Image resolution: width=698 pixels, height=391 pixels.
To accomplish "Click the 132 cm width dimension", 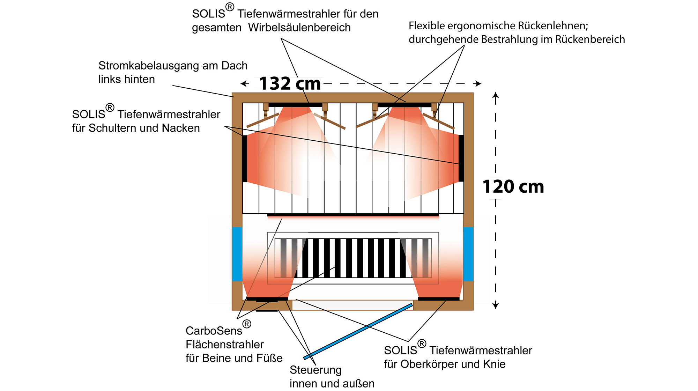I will click(290, 84).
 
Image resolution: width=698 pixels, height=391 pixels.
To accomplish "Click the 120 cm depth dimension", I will click(513, 187).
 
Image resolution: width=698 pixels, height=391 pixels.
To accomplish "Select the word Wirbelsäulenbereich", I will click(299, 28).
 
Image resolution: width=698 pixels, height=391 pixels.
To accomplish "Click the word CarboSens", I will click(214, 331).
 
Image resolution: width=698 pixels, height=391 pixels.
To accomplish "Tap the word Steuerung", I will click(315, 370).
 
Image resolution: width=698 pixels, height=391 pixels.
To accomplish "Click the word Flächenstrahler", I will click(224, 345).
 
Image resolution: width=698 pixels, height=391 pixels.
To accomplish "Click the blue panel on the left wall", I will click(237, 254).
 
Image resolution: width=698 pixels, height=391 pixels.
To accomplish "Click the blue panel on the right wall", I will click(468, 254).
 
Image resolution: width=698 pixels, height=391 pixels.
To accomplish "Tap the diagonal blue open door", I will click(358, 331).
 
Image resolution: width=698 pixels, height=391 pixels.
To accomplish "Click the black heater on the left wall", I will click(245, 158).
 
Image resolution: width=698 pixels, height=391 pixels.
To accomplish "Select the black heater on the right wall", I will click(461, 158).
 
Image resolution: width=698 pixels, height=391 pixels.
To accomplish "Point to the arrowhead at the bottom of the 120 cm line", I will click(496, 306).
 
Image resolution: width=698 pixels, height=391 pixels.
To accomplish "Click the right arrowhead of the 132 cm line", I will click(478, 83).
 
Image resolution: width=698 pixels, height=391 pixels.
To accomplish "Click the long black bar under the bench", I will click(353, 215).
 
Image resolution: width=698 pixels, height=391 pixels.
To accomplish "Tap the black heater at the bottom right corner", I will click(439, 299).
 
